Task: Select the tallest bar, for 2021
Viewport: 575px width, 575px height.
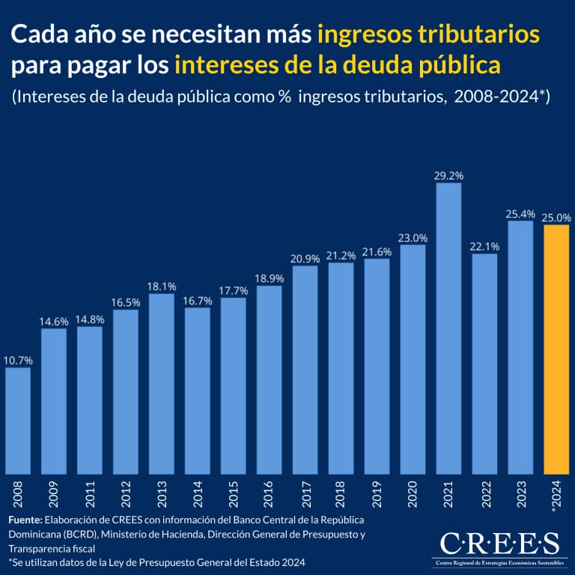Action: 448,329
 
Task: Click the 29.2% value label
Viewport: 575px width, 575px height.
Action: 448,175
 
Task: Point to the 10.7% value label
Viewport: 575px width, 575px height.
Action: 18,360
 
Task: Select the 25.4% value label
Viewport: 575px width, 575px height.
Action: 520,213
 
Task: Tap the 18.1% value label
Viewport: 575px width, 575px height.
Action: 162,286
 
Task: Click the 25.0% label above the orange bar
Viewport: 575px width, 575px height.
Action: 556,217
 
